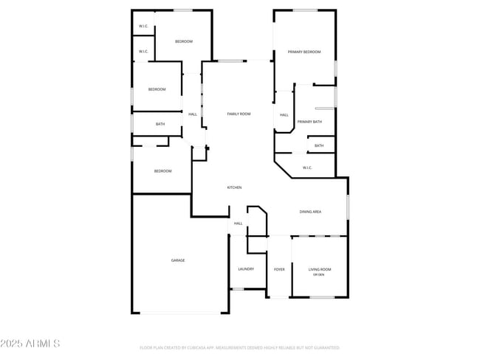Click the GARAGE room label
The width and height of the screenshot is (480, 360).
click(x=178, y=260)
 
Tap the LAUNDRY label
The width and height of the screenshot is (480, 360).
click(x=246, y=269)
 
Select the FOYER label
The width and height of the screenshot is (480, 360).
click(x=279, y=270)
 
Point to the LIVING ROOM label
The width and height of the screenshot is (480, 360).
click(x=320, y=270)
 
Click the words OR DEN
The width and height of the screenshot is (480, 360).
click(x=319, y=275)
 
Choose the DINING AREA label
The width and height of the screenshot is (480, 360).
click(x=310, y=212)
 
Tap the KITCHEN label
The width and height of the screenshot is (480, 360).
click(x=234, y=187)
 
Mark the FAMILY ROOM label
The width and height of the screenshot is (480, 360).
click(x=239, y=114)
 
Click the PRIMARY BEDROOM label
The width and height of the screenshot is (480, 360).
click(x=304, y=52)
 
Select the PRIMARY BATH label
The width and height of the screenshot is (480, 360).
click(x=309, y=122)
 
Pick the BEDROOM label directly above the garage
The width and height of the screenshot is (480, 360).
click(x=162, y=171)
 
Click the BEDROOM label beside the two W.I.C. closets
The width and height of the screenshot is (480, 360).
click(x=183, y=41)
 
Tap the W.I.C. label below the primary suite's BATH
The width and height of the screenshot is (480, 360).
click(x=307, y=167)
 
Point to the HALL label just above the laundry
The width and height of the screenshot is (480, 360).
click(x=238, y=223)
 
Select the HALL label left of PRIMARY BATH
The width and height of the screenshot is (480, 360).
click(x=284, y=114)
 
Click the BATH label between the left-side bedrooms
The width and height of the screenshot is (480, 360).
click(x=160, y=124)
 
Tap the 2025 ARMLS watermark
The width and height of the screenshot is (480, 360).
click(x=31, y=344)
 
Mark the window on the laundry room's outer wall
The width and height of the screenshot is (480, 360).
click(x=238, y=289)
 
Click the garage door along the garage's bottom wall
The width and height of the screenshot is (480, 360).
click(x=182, y=313)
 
